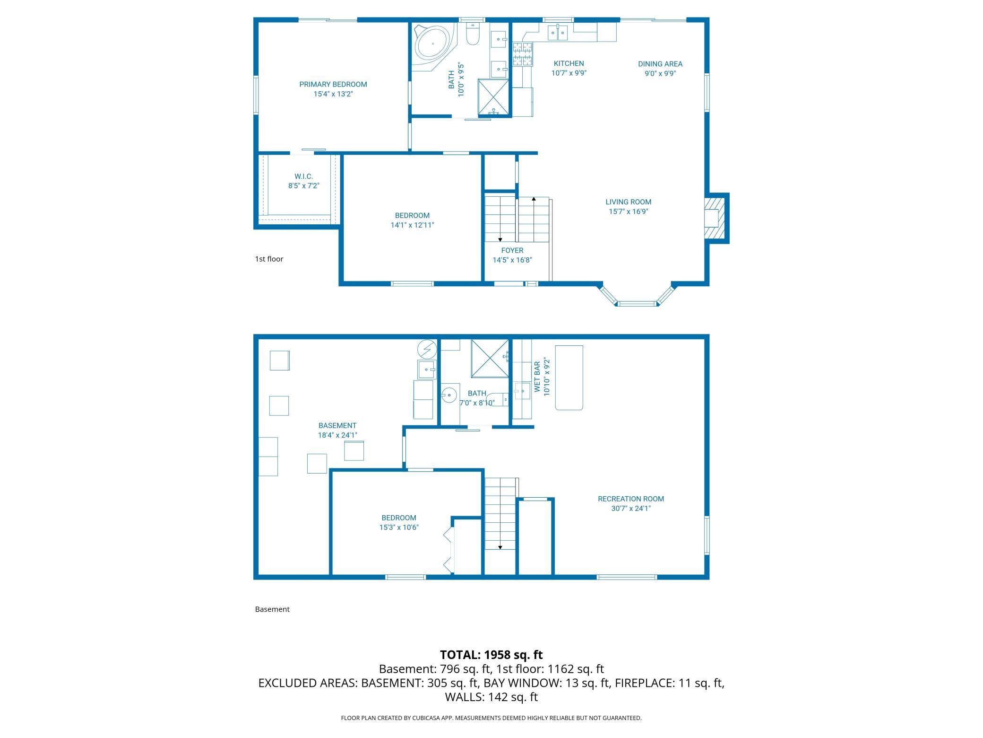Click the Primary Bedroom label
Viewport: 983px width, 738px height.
click(x=333, y=85)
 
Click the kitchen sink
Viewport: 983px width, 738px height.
click(x=558, y=33)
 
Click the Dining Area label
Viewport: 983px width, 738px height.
click(x=660, y=64)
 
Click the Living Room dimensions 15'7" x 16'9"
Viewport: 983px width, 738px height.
click(x=628, y=211)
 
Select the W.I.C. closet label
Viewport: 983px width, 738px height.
click(x=304, y=176)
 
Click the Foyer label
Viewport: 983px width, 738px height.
click(x=512, y=250)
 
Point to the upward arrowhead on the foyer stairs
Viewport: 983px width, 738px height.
click(x=534, y=199)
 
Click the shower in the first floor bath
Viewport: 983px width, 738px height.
click(x=493, y=97)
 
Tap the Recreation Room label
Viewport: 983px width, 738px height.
click(x=631, y=499)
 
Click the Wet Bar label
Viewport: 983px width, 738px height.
click(x=537, y=377)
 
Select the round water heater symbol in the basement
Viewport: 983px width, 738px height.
click(x=427, y=350)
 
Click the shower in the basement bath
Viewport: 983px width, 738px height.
click(x=490, y=359)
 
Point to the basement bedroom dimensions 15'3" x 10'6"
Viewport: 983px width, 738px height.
click(x=399, y=527)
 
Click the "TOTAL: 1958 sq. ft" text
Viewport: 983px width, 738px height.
click(x=491, y=655)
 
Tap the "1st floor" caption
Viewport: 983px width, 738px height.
click(x=269, y=259)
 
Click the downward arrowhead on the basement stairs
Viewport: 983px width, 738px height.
click(x=500, y=547)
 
